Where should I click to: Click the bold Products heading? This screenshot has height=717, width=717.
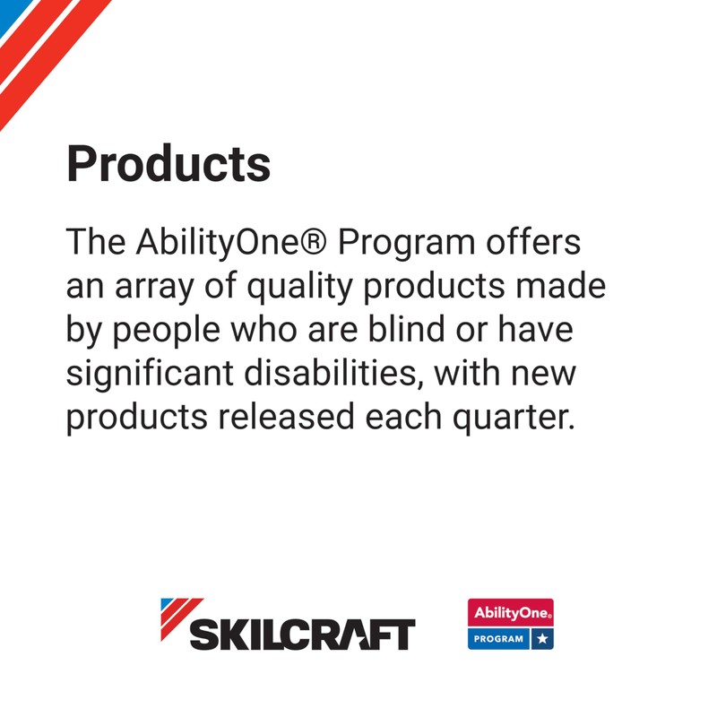pyautogui.click(x=168, y=163)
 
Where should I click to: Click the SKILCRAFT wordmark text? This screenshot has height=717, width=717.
pyautogui.click(x=302, y=635)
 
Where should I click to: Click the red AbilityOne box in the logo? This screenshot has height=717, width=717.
pyautogui.click(x=510, y=613)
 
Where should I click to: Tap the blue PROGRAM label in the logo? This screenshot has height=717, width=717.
pyautogui.click(x=498, y=639)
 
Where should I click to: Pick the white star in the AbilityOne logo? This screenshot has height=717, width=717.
pyautogui.click(x=542, y=639)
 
